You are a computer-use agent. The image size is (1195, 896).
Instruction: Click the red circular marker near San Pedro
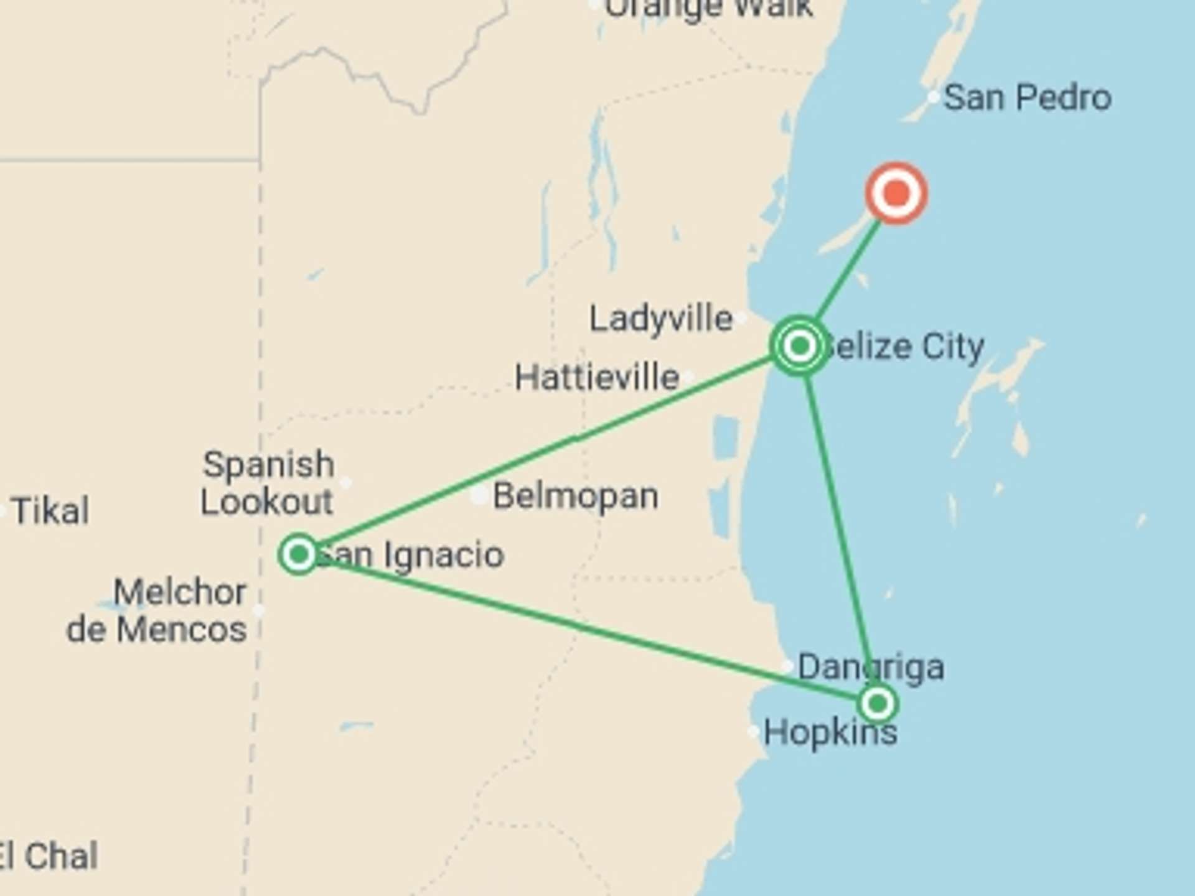click(896, 194)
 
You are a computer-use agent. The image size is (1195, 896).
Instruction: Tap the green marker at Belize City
click(800, 345)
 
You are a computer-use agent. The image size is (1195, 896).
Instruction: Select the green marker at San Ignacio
click(299, 554)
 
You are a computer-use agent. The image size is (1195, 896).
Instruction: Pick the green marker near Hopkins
click(877, 704)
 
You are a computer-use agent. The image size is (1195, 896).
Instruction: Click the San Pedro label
click(1027, 98)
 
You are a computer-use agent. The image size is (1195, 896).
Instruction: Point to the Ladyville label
click(661, 319)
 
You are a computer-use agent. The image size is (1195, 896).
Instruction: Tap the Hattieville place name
click(597, 377)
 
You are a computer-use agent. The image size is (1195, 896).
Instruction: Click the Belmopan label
click(575, 496)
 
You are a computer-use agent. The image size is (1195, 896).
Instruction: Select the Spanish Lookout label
click(268, 483)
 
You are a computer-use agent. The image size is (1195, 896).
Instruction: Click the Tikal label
click(50, 511)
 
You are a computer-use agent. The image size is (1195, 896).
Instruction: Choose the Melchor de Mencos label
click(157, 610)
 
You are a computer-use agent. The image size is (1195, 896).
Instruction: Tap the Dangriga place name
click(871, 667)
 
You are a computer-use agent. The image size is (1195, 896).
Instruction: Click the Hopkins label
click(830, 732)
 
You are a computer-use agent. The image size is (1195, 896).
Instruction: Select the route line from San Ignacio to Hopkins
click(585, 628)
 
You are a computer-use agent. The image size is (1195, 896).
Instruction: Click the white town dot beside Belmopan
click(479, 495)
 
